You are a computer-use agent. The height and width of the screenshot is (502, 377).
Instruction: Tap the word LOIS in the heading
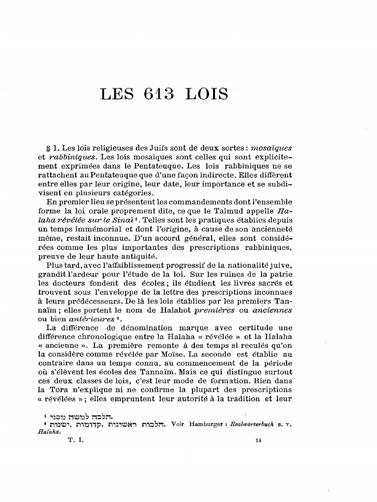click(x=207, y=94)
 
